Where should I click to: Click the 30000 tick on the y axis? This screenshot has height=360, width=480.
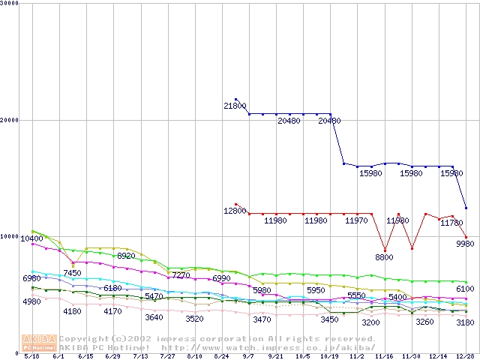coord(10,3)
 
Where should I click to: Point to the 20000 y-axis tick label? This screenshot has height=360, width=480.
coord(10,120)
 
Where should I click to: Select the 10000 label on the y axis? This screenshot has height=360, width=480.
coord(10,236)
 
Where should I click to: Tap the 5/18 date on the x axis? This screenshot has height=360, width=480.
coord(31,356)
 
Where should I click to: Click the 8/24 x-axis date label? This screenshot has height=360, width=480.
coord(221,356)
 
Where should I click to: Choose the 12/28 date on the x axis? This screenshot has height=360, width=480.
coord(465,356)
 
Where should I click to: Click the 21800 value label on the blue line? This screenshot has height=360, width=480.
coord(234,106)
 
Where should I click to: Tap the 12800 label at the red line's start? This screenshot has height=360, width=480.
coord(234,211)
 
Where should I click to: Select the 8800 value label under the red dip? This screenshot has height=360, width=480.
coord(384,257)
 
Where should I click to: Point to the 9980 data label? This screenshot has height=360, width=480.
coord(465,244)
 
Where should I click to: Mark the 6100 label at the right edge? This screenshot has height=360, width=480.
coord(465,289)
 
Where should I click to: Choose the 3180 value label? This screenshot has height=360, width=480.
coord(465,322)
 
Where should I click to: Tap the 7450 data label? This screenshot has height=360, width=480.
coord(72,273)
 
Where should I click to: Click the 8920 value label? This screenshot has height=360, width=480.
coord(126,256)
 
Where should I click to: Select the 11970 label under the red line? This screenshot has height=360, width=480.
coord(356,221)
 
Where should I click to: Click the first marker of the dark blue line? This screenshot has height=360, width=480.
coord(235,99)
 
